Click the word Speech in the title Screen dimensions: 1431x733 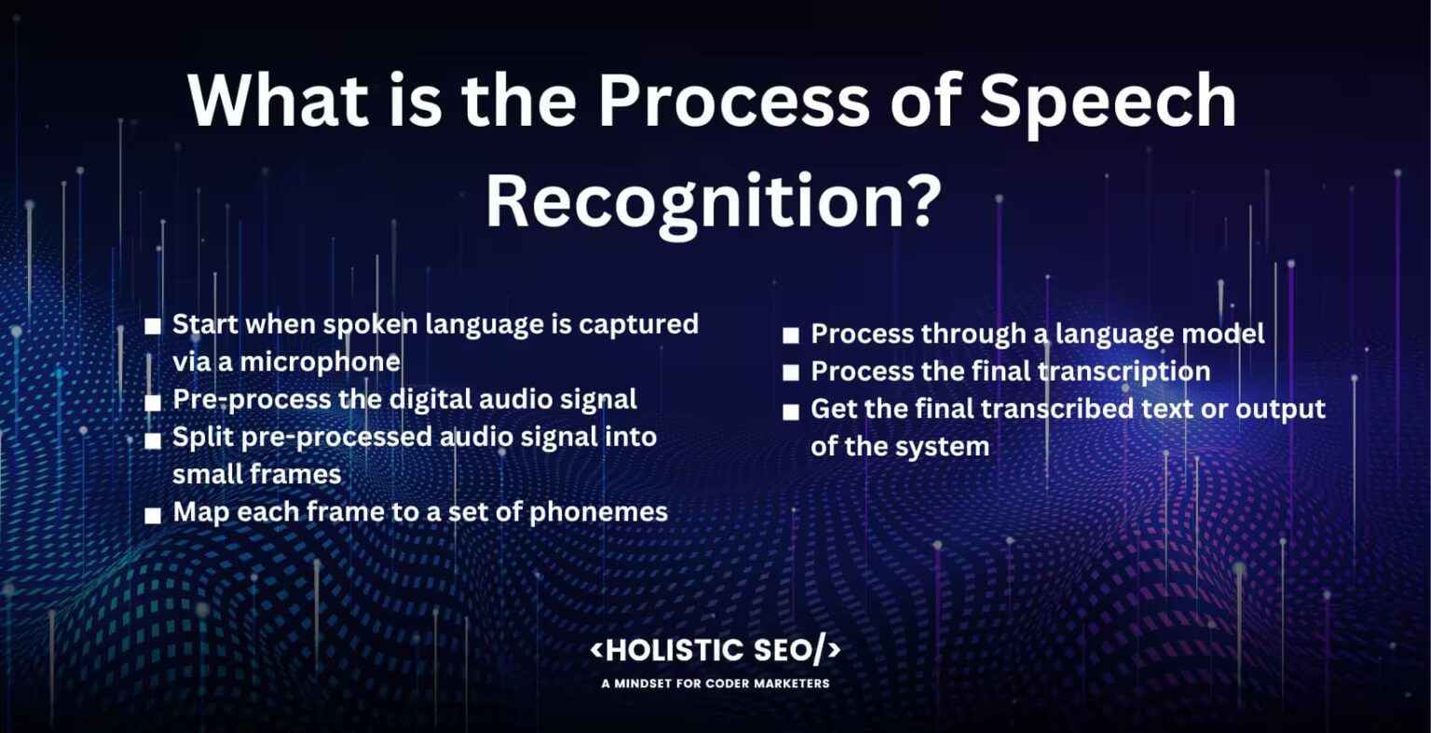click(x=1108, y=102)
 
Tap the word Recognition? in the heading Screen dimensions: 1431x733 click(x=714, y=201)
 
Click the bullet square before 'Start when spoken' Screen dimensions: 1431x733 click(x=153, y=327)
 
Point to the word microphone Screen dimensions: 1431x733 click(x=320, y=362)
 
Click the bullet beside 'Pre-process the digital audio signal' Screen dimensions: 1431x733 click(x=153, y=403)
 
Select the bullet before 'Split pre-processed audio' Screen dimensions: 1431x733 click(x=153, y=441)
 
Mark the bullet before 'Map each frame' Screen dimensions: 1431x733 click(x=153, y=515)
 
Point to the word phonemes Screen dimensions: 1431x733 click(x=599, y=512)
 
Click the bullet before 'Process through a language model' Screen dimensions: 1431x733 click(x=791, y=336)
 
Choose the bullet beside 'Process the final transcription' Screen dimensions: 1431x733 click(x=791, y=373)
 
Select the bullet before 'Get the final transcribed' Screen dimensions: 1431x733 click(x=791, y=412)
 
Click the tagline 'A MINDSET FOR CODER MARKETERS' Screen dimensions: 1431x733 click(x=715, y=684)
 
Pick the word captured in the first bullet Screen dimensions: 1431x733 click(x=638, y=325)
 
